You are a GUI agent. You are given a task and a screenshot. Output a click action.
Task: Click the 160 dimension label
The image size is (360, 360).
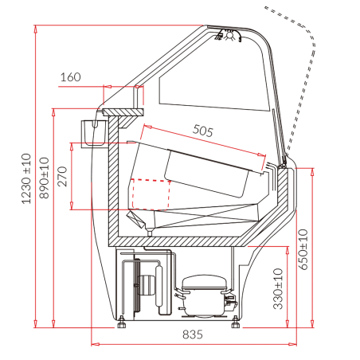(70, 77)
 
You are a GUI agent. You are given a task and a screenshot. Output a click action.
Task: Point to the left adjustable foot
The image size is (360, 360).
(122, 322)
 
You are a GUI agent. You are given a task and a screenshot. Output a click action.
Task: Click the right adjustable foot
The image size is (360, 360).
(235, 322)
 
